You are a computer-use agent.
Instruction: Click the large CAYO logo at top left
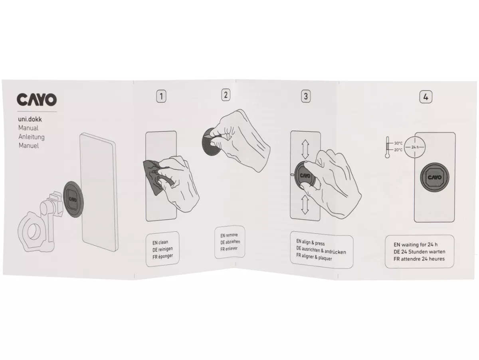click(37, 99)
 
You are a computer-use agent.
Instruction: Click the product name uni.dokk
click(30, 119)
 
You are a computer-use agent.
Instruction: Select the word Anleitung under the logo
click(32, 137)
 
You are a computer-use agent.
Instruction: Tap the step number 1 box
click(161, 96)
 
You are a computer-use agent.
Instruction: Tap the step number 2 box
click(226, 95)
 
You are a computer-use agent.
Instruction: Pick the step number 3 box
click(306, 96)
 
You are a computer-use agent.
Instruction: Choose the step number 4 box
click(426, 97)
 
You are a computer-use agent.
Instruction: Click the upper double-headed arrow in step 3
click(305, 149)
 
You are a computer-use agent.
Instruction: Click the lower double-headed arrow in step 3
click(305, 205)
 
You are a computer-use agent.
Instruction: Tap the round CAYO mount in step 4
click(434, 177)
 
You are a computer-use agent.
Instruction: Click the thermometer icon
click(387, 147)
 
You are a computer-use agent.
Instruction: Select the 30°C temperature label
click(398, 143)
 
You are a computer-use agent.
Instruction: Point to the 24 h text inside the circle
click(415, 147)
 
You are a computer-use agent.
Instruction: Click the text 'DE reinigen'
click(162, 249)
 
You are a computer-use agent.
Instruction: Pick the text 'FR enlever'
click(229, 249)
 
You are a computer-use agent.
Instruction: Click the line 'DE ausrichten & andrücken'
click(321, 250)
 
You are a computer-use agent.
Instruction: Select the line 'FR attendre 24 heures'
click(419, 259)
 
